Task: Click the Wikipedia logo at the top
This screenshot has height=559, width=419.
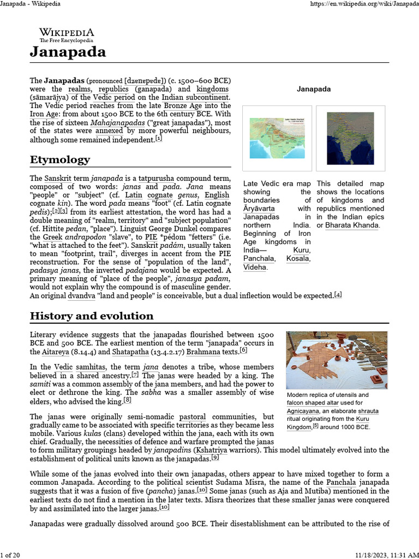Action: pyautogui.click(x=66, y=35)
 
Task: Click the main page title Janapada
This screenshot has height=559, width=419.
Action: pyautogui.click(x=68, y=52)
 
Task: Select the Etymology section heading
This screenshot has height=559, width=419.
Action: pyautogui.click(x=59, y=160)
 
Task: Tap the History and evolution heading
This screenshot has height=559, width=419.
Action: pyautogui.click(x=91, y=316)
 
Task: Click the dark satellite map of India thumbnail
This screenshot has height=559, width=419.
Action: pyautogui.click(x=350, y=139)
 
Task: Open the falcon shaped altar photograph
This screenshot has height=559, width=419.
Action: pyautogui.click(x=337, y=360)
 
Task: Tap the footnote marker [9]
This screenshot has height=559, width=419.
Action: pyautogui.click(x=215, y=457)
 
